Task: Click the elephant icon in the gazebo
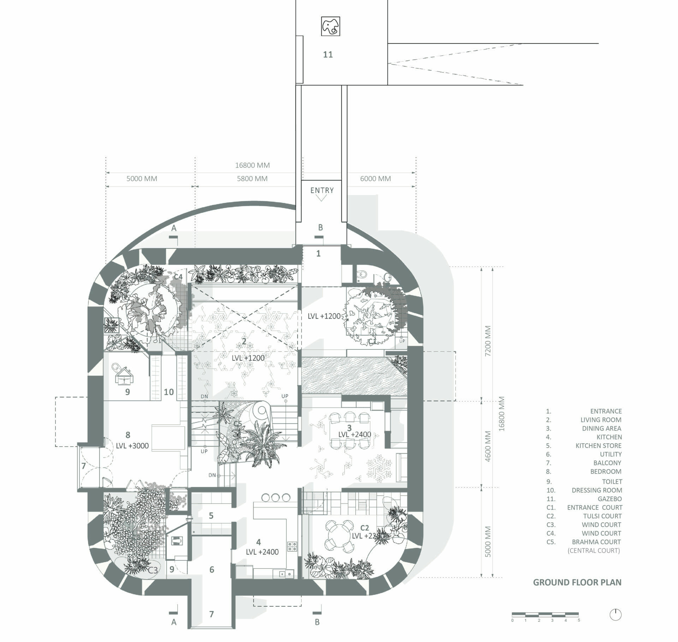point(331,26)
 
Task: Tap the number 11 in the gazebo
point(328,54)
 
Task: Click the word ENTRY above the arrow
point(322,190)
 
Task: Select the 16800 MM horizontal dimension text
point(252,165)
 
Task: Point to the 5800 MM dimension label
point(252,179)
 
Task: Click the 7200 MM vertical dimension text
point(488,341)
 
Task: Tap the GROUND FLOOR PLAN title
point(577,582)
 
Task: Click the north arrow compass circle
point(615,615)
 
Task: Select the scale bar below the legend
point(545,614)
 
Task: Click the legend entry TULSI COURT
point(602,516)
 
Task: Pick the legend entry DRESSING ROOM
point(597,490)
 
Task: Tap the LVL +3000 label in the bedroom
point(132,446)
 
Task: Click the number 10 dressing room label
point(168,392)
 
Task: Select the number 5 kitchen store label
point(211,516)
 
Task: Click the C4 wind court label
point(178,277)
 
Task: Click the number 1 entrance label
point(318,253)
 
